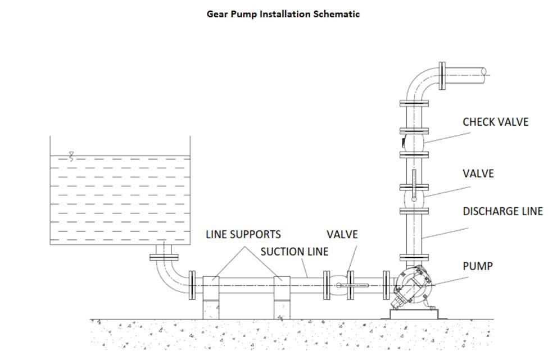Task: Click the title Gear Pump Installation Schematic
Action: pyautogui.click(x=283, y=14)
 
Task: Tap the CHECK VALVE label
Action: pyautogui.click(x=495, y=122)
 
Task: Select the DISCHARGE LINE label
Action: pyautogui.click(x=502, y=211)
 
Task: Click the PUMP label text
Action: pyautogui.click(x=477, y=266)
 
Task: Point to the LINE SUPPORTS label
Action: pyautogui.click(x=243, y=234)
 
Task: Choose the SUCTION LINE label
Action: pyautogui.click(x=294, y=252)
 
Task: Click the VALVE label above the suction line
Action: pyautogui.click(x=342, y=234)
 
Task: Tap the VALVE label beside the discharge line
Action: pyautogui.click(x=478, y=174)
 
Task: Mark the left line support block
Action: pyautogui.click(x=213, y=297)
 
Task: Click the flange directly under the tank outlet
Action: pyautogui.click(x=164, y=258)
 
